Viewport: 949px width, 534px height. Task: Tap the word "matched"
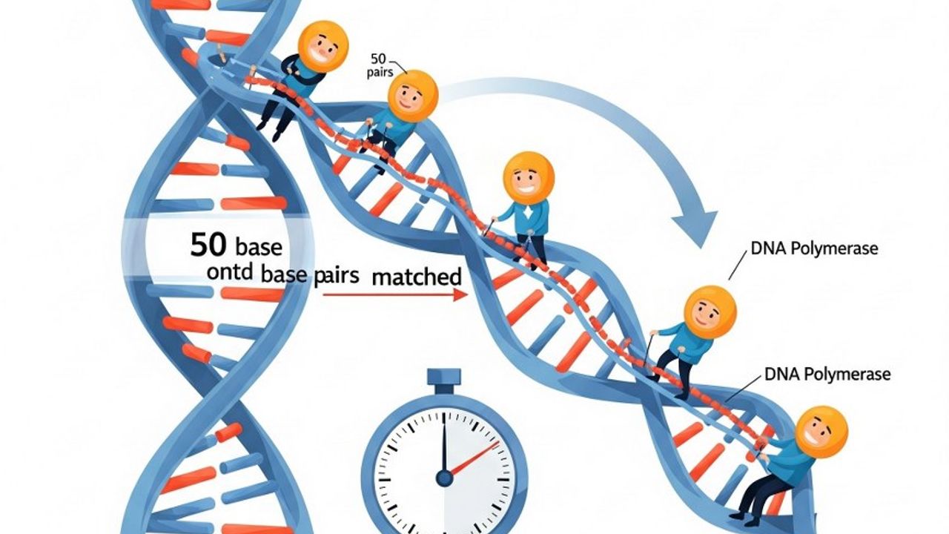point(416,277)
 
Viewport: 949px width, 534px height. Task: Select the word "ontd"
point(231,274)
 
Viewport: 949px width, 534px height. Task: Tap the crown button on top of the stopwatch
point(443,380)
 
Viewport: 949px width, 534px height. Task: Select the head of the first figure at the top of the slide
point(323,46)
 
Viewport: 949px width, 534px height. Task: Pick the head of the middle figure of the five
point(528,178)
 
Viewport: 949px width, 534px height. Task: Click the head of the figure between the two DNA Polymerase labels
point(710,312)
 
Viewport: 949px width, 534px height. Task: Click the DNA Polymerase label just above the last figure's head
point(827,375)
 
